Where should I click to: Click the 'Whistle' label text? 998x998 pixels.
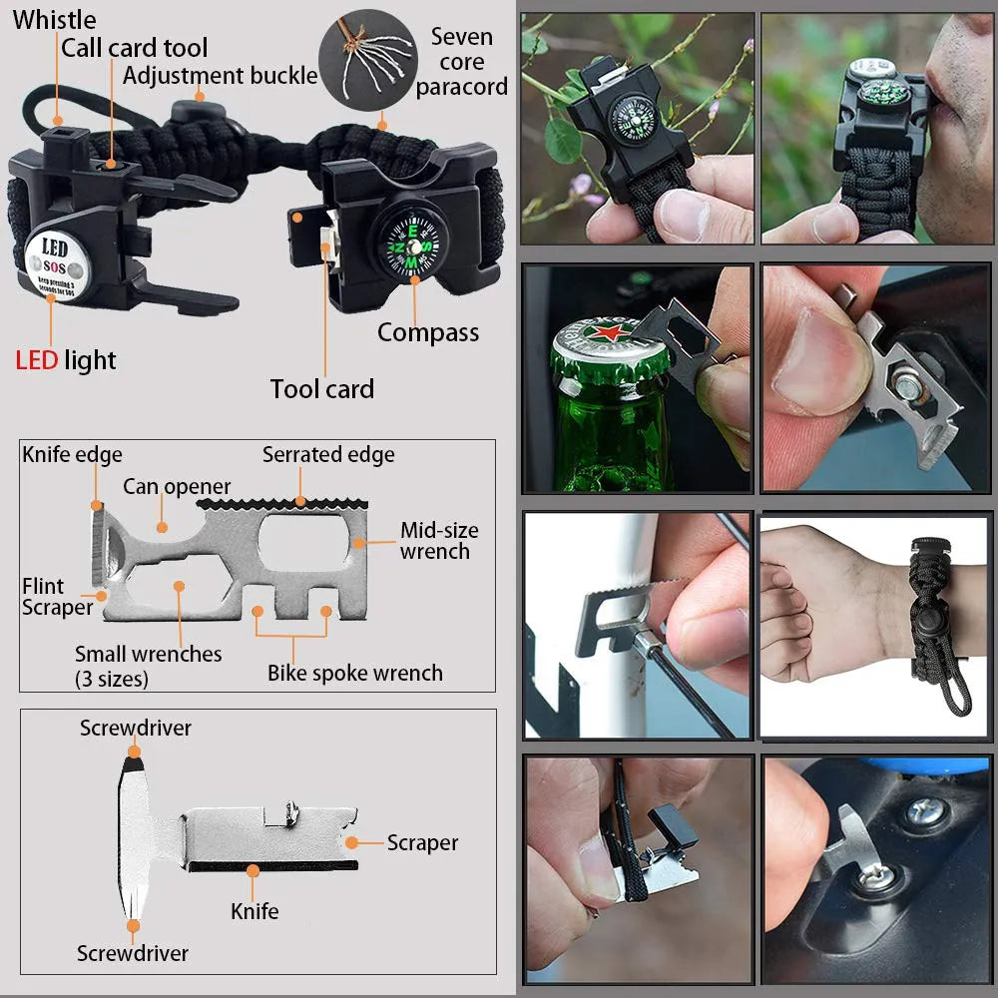55,19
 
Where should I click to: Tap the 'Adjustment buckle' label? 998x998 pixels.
221,75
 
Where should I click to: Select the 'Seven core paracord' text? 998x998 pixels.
461,62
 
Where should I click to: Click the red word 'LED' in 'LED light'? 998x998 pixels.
36,360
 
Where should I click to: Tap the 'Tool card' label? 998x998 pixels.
321,389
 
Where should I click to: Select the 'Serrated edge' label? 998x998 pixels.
328,455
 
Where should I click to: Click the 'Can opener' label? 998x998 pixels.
177,487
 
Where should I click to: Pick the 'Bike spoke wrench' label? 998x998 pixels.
354,673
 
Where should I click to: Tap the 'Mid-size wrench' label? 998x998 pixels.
438,541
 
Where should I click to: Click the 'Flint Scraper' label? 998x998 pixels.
57,597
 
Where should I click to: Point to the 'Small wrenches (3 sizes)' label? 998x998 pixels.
148,666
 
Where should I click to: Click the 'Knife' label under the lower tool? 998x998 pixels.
254,910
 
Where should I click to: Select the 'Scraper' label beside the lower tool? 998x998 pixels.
422,843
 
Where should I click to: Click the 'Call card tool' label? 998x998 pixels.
135,47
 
